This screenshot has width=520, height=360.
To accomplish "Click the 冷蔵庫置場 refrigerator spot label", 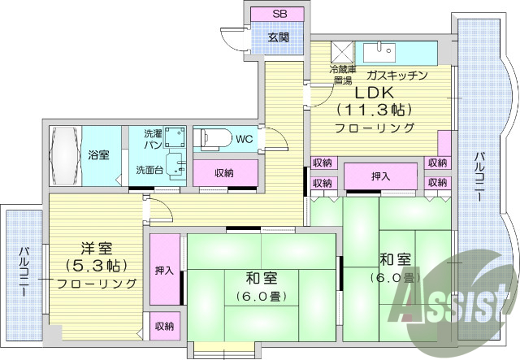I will coord(340,75).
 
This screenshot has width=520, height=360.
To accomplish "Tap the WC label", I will coord(244,139).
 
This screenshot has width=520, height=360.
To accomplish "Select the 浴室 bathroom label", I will coord(99,154).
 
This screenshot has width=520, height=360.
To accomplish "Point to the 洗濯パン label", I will coord(152,138).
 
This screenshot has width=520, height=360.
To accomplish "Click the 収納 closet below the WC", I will coord(225,173).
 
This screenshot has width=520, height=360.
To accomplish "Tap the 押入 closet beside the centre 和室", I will coord(163,270).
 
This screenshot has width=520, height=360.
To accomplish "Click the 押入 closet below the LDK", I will coord(380,176).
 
